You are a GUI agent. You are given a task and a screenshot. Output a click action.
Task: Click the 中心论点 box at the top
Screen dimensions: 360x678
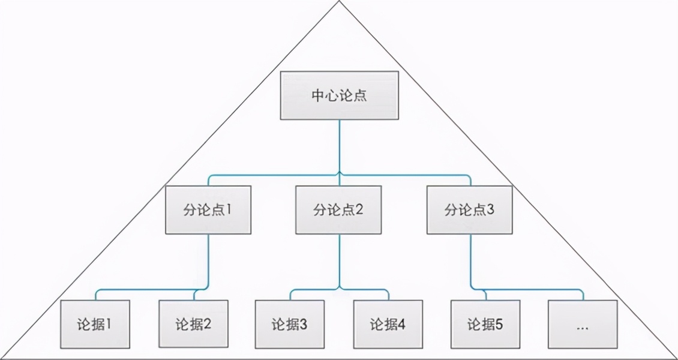point(339,95)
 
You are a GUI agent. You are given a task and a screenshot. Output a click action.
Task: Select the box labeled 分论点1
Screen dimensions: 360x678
point(208,210)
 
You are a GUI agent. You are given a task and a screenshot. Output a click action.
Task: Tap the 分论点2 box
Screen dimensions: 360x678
point(338,210)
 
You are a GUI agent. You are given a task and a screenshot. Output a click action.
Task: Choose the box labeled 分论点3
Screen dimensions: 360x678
point(470,210)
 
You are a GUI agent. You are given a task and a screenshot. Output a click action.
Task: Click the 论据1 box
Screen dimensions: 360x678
point(95,325)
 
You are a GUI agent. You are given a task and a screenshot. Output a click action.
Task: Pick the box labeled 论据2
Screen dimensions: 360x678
point(193,325)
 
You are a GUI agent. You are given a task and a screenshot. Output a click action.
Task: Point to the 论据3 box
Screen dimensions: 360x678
point(290,325)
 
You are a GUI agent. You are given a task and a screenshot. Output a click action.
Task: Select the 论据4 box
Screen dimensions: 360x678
point(388,325)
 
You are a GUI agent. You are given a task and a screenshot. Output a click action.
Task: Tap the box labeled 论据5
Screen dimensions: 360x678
point(485,325)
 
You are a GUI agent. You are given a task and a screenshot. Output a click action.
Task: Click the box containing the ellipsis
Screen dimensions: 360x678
point(583,325)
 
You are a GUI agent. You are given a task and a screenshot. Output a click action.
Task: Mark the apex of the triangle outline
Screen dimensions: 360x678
point(339,2)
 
